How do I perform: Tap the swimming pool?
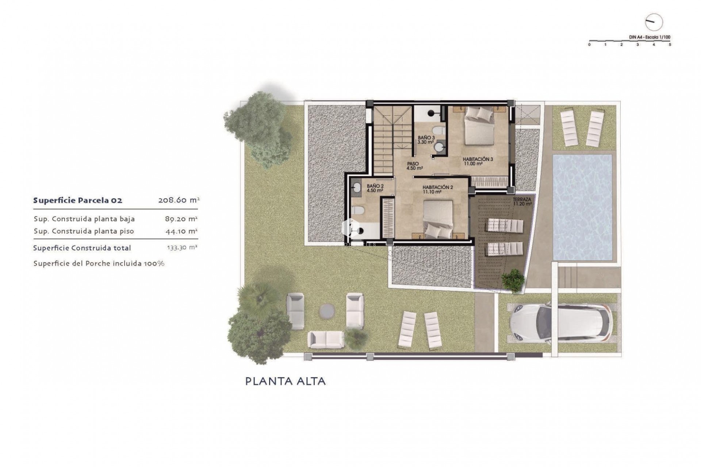(582, 207)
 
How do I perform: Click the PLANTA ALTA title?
(285, 381)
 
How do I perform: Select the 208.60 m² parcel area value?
(179, 200)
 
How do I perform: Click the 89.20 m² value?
(181, 219)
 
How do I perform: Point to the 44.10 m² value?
(181, 231)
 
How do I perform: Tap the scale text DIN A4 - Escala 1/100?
(650, 37)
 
